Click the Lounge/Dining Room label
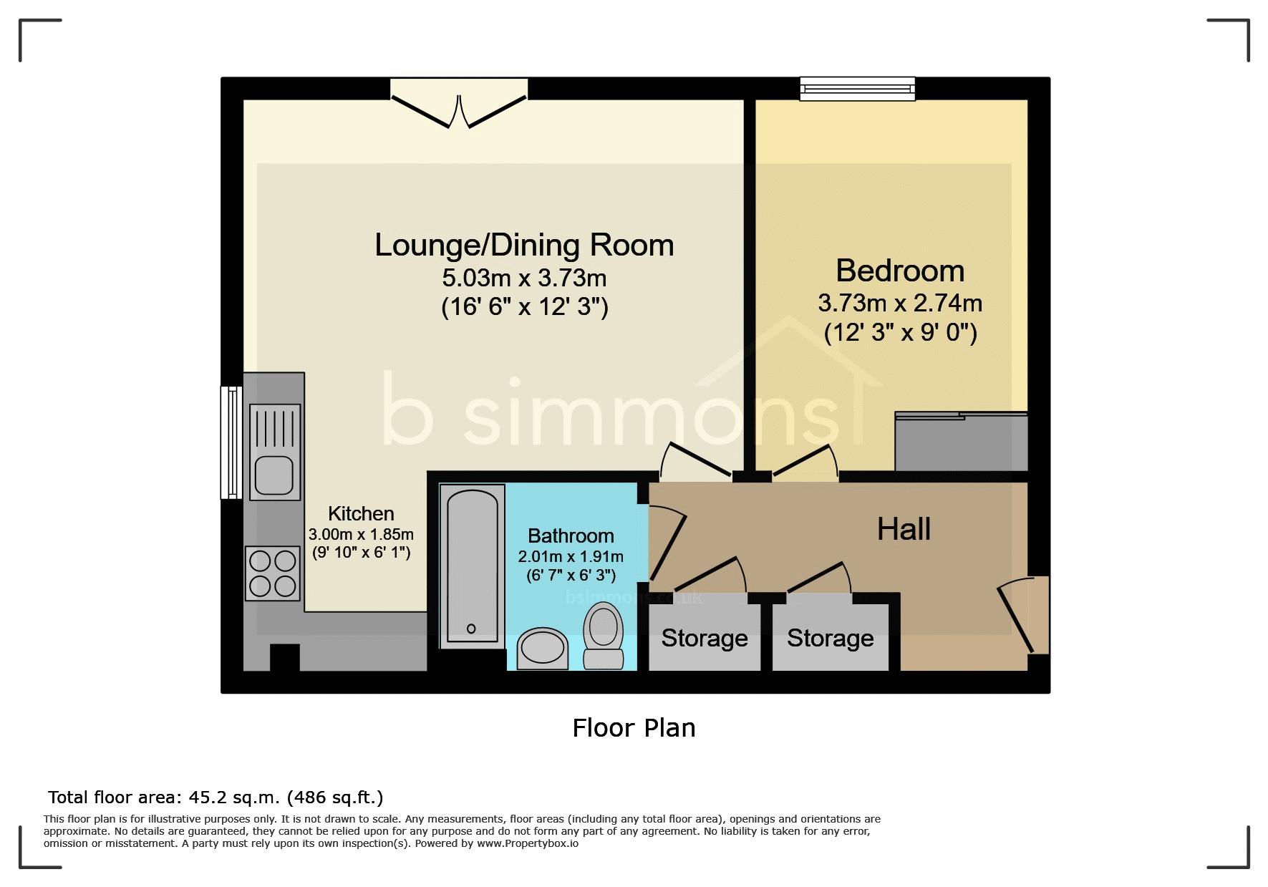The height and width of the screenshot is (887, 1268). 524,246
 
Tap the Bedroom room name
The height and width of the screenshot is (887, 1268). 900,271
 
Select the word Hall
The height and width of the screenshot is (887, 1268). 904,529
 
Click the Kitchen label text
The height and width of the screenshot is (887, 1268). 361,513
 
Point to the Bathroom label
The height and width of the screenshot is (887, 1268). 571,535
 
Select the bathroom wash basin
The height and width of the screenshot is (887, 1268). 541,649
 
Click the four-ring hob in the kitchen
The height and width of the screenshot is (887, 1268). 273,573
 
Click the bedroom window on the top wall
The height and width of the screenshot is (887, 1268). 857,88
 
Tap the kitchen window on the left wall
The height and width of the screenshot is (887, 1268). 231,442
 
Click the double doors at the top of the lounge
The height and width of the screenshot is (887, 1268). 458,105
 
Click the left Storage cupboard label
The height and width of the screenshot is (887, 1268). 705,638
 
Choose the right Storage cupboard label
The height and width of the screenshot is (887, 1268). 831,638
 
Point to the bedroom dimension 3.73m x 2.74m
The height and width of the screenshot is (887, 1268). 900,304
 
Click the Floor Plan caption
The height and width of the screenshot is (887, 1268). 634,728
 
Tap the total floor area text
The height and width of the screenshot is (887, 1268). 216,797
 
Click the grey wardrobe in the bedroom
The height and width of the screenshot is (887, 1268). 962,442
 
